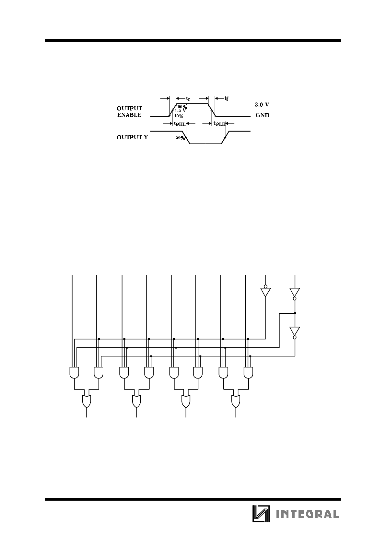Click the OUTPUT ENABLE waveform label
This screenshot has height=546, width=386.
[x=129, y=111]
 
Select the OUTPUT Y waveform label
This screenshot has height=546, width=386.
[x=132, y=137]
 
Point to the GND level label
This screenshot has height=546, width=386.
[x=263, y=115]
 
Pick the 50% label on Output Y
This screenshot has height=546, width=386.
[x=180, y=138]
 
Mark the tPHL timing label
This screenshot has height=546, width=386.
[x=180, y=123]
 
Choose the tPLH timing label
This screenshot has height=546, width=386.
[x=219, y=123]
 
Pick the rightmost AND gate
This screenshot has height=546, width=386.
[x=249, y=373]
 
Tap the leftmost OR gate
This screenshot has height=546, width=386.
[x=87, y=401]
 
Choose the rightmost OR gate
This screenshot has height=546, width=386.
[x=236, y=401]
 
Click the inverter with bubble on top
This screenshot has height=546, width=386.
[x=265, y=291]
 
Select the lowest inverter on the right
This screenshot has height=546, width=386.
[x=295, y=332]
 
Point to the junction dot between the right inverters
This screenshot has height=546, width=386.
[x=295, y=313]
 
